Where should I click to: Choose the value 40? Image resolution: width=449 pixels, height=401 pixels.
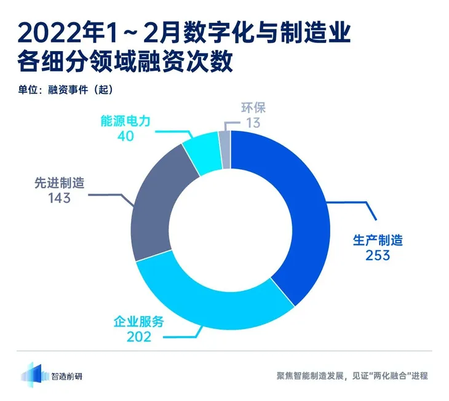[x=125, y=136]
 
